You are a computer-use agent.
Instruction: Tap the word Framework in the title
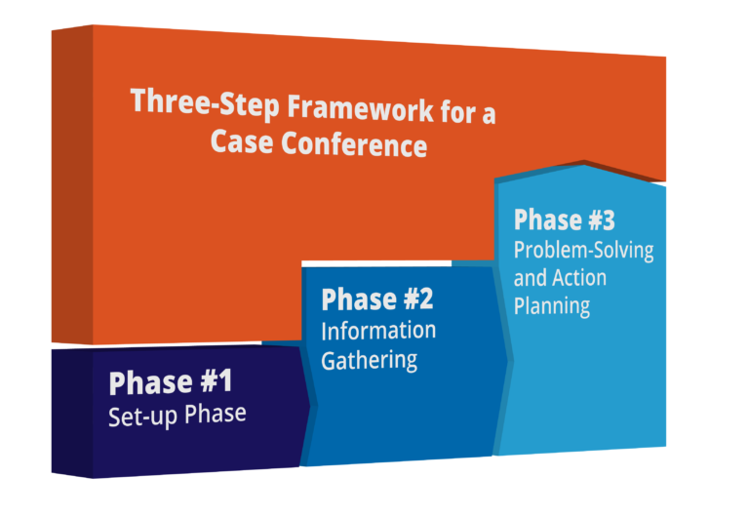pos(342,108)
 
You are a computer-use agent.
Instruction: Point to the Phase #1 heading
pos(171,381)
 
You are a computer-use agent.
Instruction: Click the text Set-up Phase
pos(177,414)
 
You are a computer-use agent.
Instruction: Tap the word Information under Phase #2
pos(378,330)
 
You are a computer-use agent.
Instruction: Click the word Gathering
pos(370,359)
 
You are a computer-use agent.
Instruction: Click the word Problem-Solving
pos(583,250)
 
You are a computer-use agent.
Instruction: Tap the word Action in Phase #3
pos(578,277)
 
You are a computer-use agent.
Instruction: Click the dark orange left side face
pos(71,185)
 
